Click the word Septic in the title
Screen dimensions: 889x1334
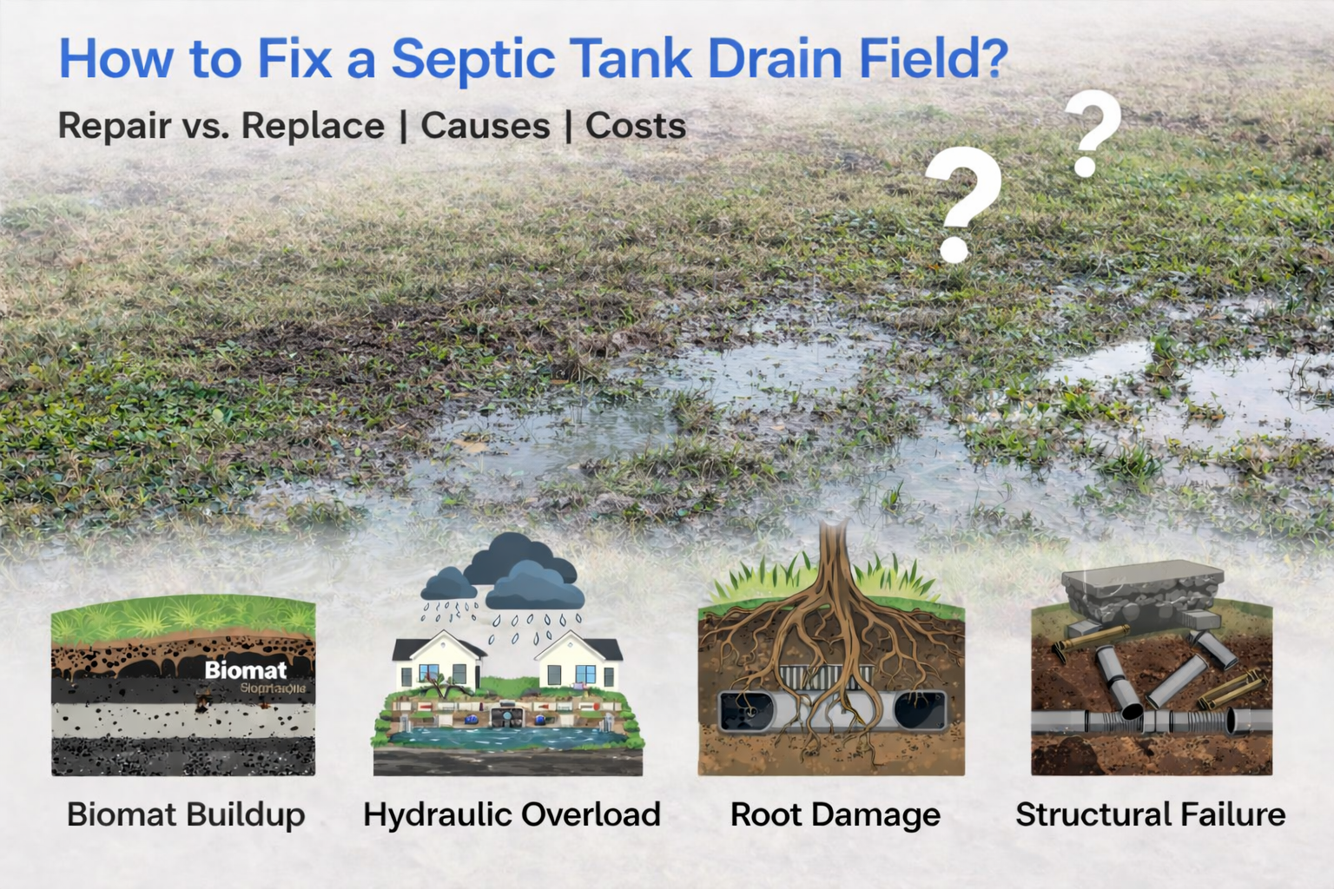(473, 59)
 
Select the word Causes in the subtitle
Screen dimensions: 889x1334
(485, 126)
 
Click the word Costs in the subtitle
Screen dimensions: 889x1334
(636, 126)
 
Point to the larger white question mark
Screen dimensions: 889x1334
(961, 204)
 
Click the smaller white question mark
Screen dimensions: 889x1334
(1091, 133)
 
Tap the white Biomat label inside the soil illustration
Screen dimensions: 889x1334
(246, 669)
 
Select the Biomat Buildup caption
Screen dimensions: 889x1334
(186, 814)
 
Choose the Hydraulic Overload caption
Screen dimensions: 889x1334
(512, 814)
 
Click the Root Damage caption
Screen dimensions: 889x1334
(835, 814)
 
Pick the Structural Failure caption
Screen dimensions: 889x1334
(1150, 814)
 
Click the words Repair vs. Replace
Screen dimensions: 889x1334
(221, 126)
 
